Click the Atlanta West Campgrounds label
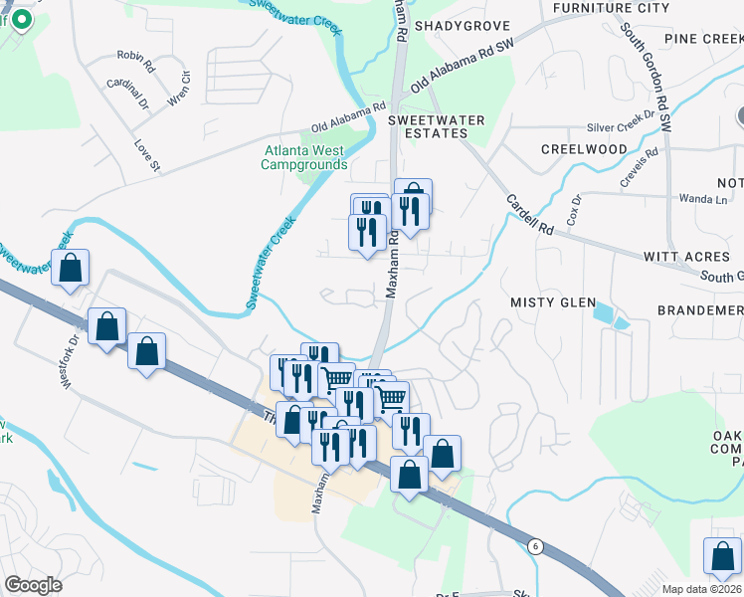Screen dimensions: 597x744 tap(304, 157)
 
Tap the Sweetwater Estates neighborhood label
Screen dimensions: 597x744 tap(436, 126)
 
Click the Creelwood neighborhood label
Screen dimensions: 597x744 tap(584, 149)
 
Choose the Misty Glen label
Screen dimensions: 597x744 tap(553, 302)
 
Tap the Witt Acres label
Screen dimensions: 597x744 tap(686, 257)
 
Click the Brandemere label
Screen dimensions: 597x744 tap(699, 310)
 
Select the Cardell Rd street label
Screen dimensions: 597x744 tap(529, 214)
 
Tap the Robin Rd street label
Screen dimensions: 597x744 tap(135, 62)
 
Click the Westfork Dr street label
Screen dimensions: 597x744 tap(72, 338)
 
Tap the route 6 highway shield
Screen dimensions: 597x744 tap(535, 545)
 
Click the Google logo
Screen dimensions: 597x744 tap(34, 585)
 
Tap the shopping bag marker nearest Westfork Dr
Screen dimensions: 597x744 tap(107, 326)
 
